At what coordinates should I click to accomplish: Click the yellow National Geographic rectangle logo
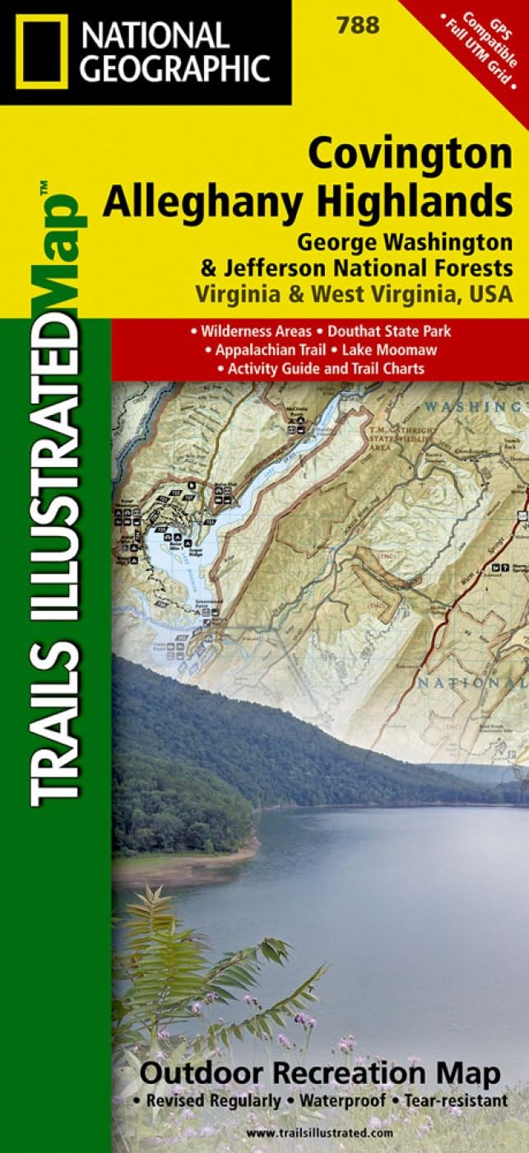tap(41, 52)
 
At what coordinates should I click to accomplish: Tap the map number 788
tap(358, 26)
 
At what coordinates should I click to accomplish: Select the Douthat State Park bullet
tap(383, 331)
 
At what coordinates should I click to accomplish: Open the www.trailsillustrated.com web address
tap(320, 1135)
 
